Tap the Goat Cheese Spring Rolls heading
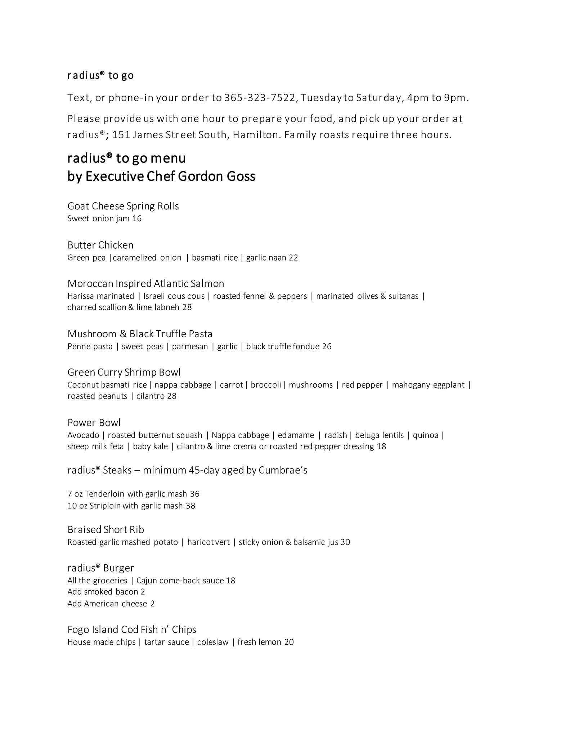coord(123,206)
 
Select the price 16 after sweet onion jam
coord(137,219)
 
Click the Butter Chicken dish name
coord(100,245)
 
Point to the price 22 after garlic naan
coord(293,258)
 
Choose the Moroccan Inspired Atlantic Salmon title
coord(146,284)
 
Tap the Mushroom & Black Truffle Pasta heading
coord(140,334)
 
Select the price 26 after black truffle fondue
coord(327,347)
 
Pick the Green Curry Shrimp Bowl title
coord(124,372)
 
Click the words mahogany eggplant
coord(428,385)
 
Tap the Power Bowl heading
coord(94,423)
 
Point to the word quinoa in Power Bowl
coord(426,435)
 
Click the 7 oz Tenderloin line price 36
coord(194,494)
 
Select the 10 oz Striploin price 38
coord(190,506)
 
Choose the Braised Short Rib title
coord(106,530)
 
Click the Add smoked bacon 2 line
coord(106,592)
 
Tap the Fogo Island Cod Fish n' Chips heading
coord(132,630)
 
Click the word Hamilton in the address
coord(255,135)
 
